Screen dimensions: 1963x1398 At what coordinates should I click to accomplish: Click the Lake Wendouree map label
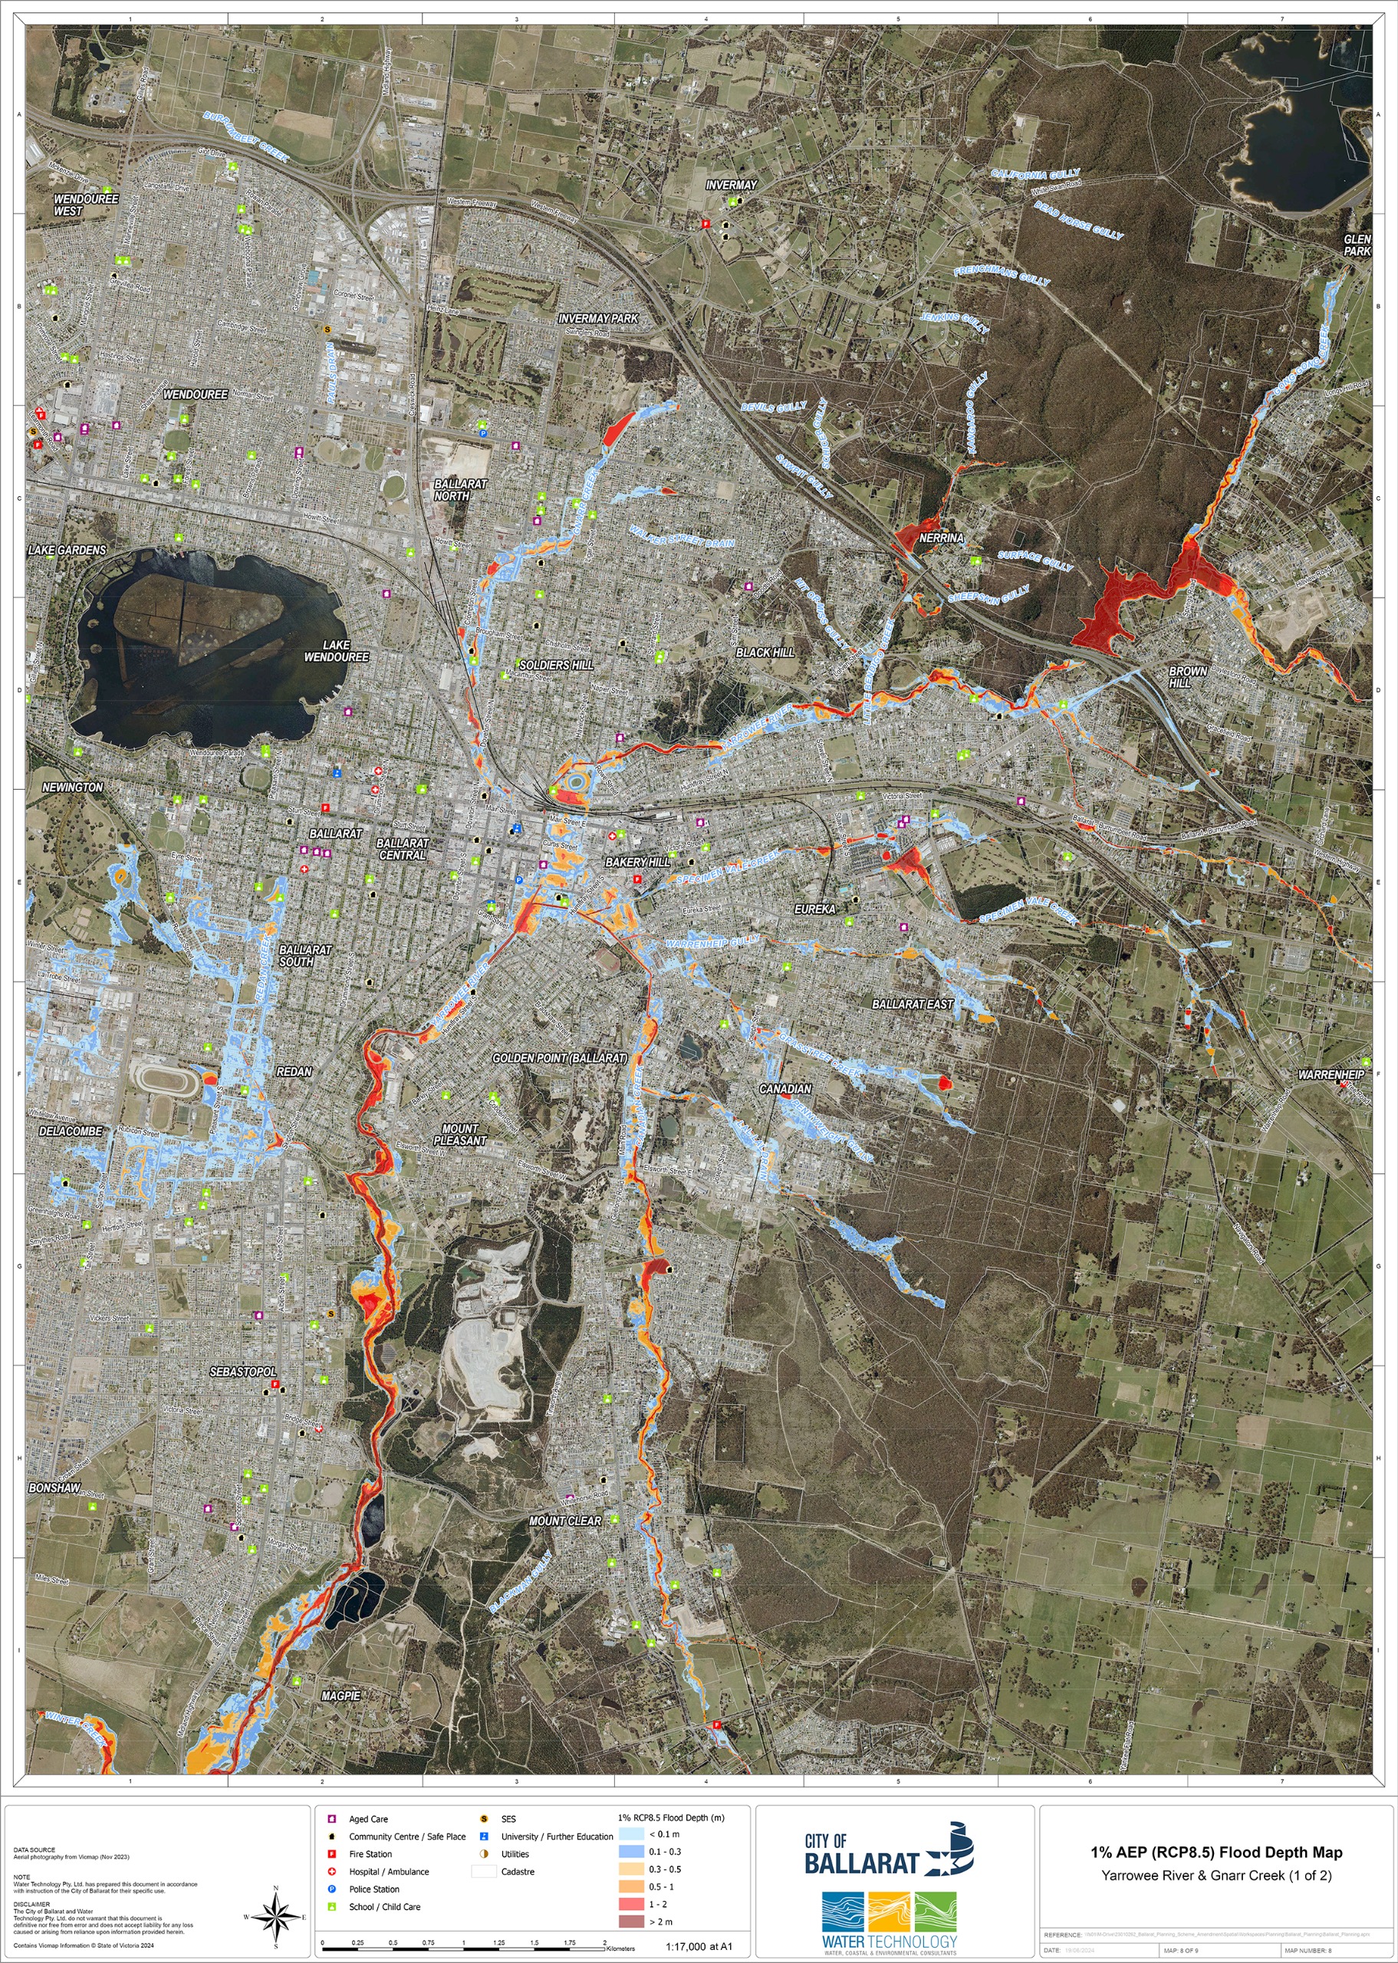pyautogui.click(x=336, y=650)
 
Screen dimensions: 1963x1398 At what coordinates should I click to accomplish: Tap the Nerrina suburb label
pyautogui.click(x=941, y=538)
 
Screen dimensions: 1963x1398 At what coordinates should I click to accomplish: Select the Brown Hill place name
pyautogui.click(x=1187, y=676)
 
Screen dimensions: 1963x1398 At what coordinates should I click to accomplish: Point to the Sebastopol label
pyautogui.click(x=244, y=1371)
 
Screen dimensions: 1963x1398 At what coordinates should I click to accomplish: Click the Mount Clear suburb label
pyautogui.click(x=564, y=1521)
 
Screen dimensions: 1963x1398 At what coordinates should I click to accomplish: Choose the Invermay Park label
pyautogui.click(x=598, y=318)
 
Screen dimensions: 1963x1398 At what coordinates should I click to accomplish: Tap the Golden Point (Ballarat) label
pyautogui.click(x=560, y=1057)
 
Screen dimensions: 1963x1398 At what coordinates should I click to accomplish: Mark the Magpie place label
pyautogui.click(x=341, y=1695)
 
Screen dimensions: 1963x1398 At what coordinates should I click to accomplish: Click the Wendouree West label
pyautogui.click(x=86, y=205)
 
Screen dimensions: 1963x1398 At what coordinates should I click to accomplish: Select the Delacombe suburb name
pyautogui.click(x=71, y=1131)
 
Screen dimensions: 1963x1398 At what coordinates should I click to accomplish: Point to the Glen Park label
pyautogui.click(x=1357, y=245)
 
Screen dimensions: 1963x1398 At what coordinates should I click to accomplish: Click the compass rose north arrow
pyautogui.click(x=276, y=1916)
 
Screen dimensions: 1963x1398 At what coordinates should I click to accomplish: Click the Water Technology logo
pyautogui.click(x=888, y=1922)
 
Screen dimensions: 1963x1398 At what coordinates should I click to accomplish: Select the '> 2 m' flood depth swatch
pyautogui.click(x=631, y=1922)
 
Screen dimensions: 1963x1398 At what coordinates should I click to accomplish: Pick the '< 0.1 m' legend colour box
pyautogui.click(x=631, y=1834)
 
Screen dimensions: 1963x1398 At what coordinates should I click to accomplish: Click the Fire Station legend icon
pyautogui.click(x=331, y=1853)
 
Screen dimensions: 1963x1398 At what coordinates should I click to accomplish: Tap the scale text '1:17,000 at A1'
pyautogui.click(x=698, y=1947)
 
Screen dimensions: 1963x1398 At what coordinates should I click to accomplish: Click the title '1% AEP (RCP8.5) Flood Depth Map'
pyautogui.click(x=1216, y=1853)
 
